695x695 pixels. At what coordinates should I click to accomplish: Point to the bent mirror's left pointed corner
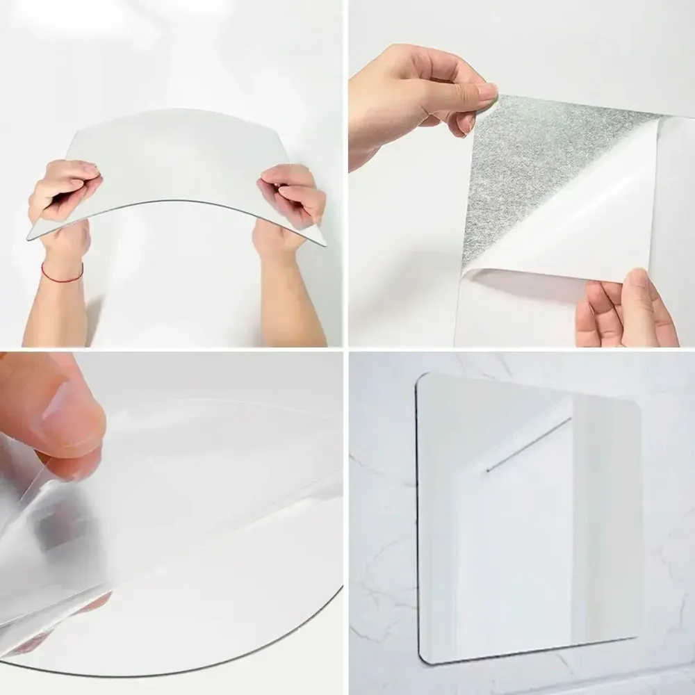pos(30,237)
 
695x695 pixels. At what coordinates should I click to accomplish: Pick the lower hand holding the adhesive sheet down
pos(622,309)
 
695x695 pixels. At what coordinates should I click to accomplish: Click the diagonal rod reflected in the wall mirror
pos(528,445)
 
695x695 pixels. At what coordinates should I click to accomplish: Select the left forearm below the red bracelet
pos(56,313)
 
